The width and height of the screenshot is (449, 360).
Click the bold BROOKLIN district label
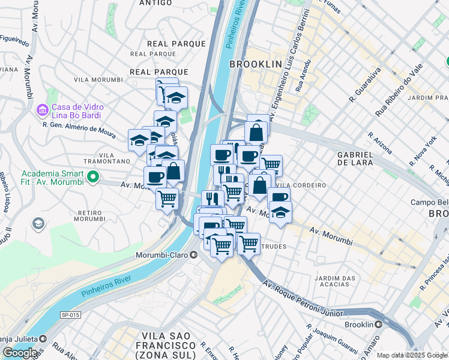255,64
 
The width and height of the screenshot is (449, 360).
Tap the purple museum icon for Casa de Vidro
42,110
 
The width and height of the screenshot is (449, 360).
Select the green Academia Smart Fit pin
92,176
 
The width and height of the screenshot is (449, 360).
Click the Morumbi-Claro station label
164,255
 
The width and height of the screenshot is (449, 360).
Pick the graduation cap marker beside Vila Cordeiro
280,212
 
